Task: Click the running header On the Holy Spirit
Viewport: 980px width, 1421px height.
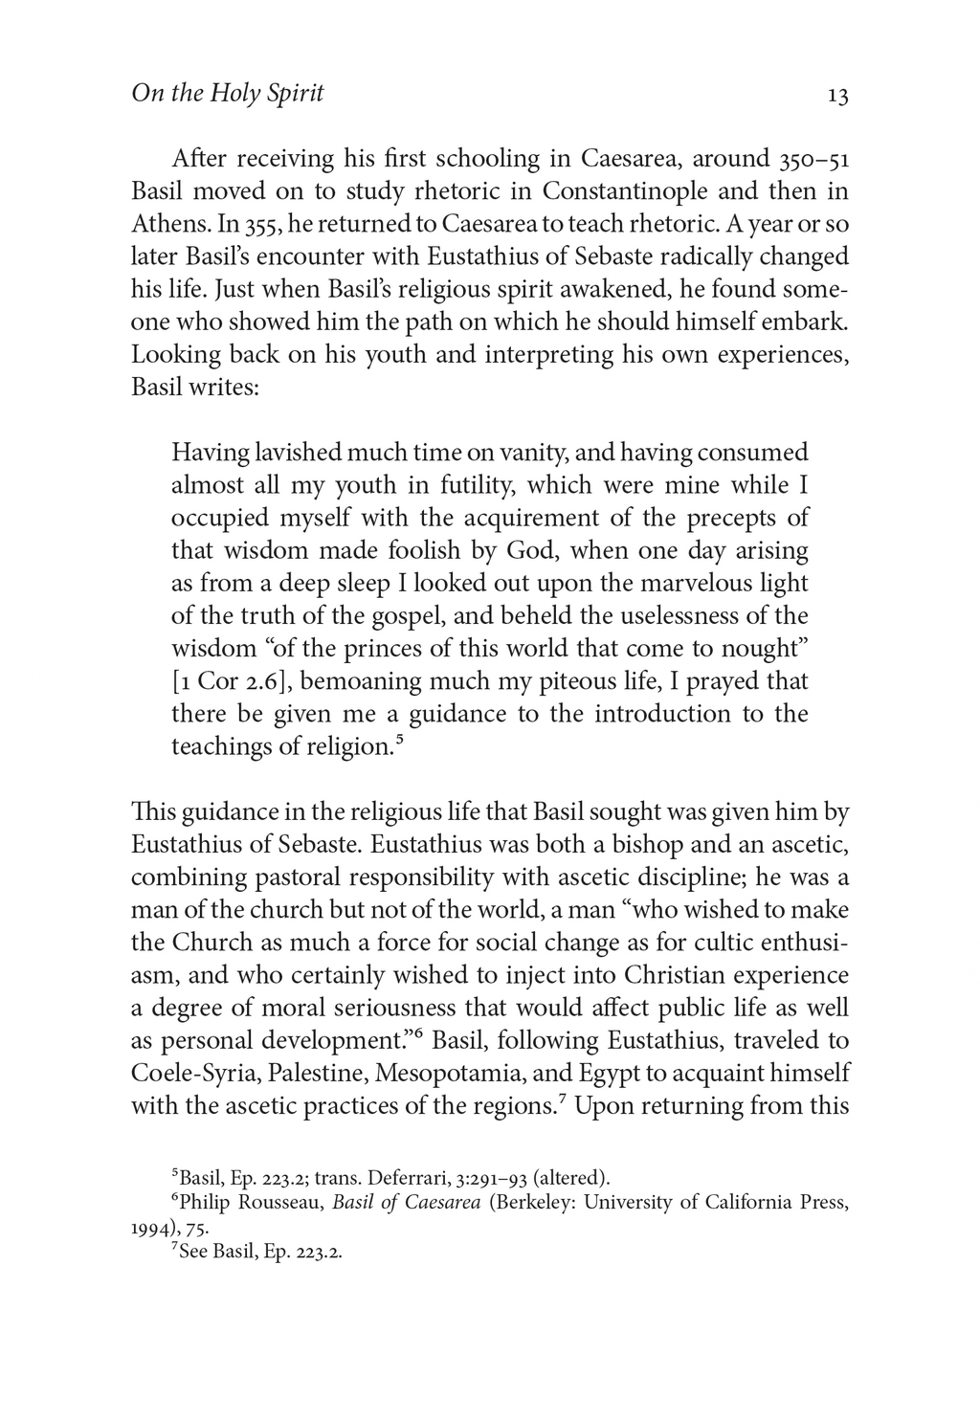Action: pyautogui.click(x=227, y=94)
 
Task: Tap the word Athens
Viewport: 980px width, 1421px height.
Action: pyautogui.click(x=170, y=224)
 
